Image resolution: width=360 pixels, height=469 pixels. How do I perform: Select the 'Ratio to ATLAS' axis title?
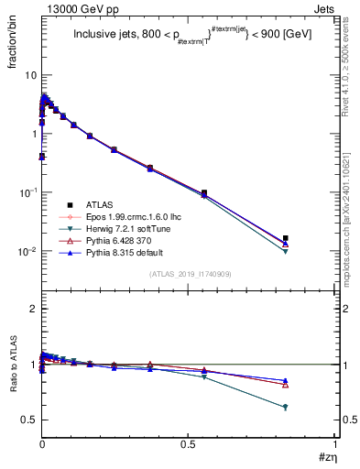[15, 386]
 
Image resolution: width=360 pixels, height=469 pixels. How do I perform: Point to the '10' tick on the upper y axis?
[29, 74]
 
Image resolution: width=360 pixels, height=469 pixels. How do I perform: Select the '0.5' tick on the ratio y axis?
[28, 420]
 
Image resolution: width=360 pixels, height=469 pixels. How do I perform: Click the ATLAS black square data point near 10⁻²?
[286, 238]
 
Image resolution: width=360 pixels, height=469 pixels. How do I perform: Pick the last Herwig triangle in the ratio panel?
[286, 407]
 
